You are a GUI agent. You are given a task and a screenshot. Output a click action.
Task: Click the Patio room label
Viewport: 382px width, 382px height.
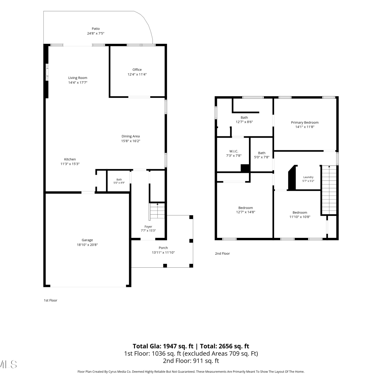96,29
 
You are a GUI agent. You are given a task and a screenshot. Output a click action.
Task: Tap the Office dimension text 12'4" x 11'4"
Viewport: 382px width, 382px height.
137,74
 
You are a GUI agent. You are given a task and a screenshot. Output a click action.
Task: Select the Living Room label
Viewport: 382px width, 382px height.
78,78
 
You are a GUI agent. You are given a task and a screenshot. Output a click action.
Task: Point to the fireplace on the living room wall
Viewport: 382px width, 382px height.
47,72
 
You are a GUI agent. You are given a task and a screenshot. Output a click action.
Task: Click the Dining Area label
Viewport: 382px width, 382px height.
131,136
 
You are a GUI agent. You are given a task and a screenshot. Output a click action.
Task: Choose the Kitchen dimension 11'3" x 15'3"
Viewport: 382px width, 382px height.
70,164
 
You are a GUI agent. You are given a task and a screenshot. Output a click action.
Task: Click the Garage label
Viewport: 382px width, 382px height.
87,240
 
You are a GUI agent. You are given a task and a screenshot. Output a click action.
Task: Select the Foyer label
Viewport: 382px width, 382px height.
148,227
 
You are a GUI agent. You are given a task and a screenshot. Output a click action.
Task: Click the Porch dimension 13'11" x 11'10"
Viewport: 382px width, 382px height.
163,253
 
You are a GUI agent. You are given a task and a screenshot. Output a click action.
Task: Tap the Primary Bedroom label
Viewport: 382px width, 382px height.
305,122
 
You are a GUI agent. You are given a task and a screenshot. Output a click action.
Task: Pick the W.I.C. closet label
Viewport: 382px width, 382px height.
234,151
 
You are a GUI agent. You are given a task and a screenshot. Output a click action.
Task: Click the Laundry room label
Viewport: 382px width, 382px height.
308,177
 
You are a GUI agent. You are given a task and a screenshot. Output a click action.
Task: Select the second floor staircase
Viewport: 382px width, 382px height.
329,190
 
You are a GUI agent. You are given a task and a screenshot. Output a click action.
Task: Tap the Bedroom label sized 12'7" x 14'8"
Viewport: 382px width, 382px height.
246,208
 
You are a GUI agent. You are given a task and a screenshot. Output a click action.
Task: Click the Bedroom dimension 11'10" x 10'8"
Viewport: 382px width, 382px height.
300,217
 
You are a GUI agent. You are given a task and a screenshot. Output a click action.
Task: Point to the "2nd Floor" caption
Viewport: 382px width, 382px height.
222,253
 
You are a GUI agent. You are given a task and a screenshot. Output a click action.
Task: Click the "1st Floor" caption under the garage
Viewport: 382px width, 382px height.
50,300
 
